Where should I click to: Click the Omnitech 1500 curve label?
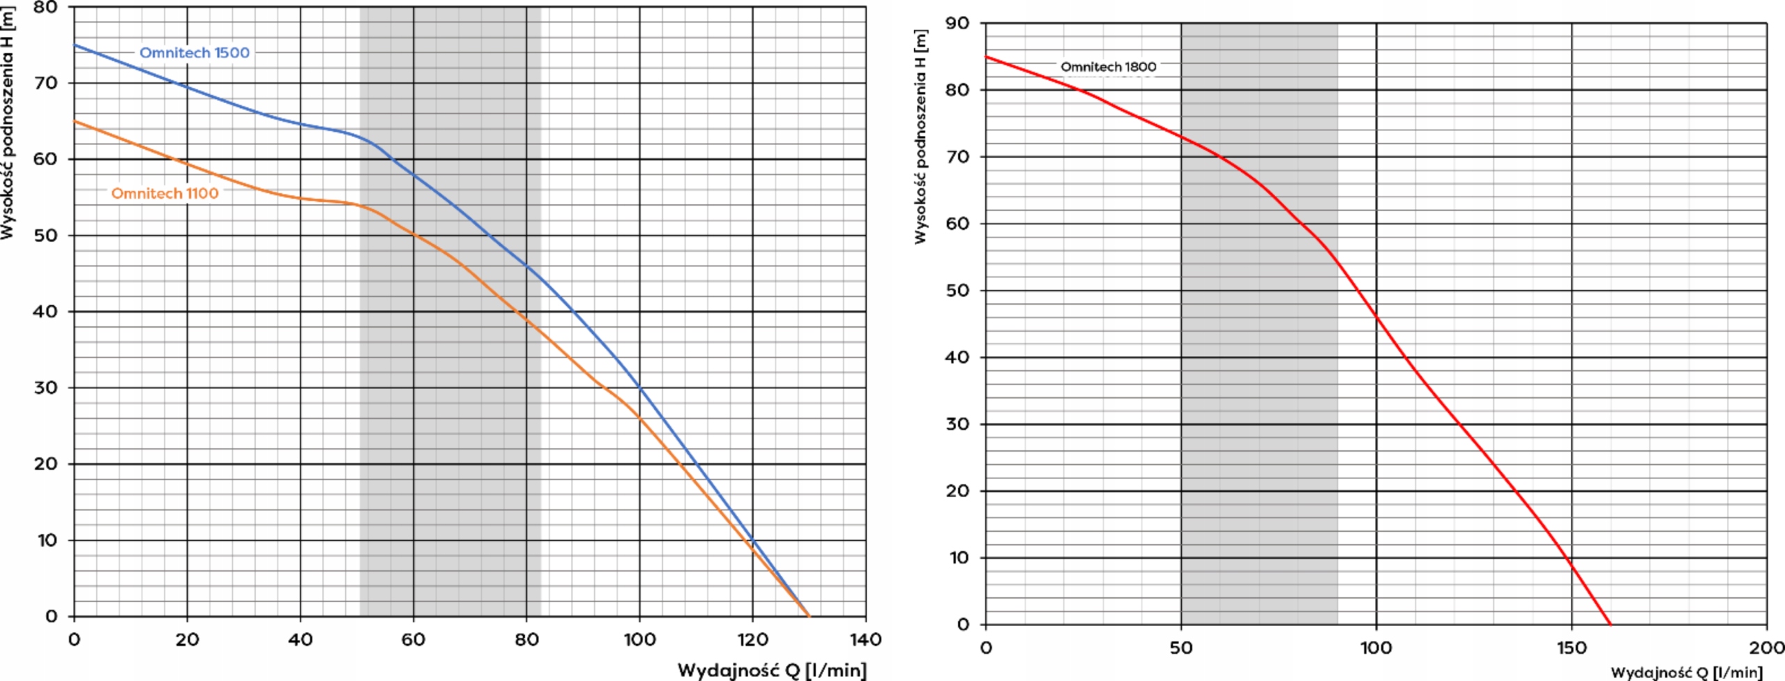tap(194, 53)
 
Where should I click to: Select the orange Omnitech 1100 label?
tap(165, 194)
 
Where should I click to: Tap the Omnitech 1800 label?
tap(1108, 67)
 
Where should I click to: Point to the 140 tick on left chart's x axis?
tap(865, 639)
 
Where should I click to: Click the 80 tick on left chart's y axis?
tap(47, 8)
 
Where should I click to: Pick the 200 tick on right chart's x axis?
tap(1765, 648)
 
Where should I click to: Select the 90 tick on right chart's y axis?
tap(957, 24)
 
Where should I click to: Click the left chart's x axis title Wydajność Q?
tap(771, 671)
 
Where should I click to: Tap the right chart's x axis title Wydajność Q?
tap(1686, 673)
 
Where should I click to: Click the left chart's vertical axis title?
tap(8, 122)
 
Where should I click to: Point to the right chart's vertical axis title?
tap(920, 137)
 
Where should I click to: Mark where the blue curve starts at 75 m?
tap(75, 45)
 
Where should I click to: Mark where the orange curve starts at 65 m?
tap(75, 121)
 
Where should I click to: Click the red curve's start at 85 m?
tap(986, 57)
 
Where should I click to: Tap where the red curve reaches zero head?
tap(1610, 624)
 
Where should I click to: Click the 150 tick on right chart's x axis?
tap(1571, 648)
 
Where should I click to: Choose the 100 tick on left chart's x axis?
tap(639, 639)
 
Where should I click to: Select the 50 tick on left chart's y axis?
tap(47, 236)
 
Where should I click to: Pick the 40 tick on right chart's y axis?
tap(957, 358)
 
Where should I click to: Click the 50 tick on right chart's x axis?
tap(1180, 648)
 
